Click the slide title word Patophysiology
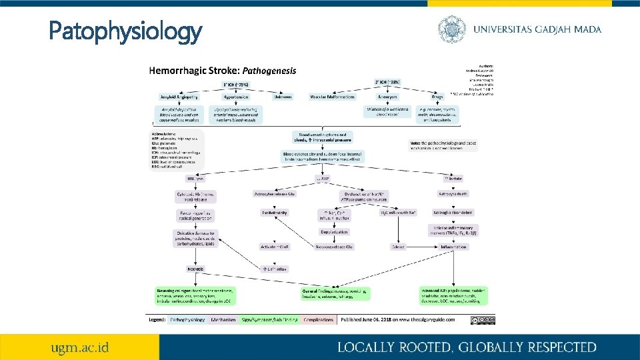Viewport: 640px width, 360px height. click(x=125, y=31)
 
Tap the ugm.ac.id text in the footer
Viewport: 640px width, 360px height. click(x=81, y=347)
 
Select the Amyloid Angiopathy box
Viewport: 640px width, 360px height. click(x=177, y=97)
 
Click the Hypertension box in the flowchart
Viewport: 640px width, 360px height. click(x=229, y=97)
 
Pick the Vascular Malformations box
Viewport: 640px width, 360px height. click(x=332, y=97)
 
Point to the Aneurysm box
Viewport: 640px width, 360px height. click(x=387, y=97)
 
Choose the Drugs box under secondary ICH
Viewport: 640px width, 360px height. click(x=437, y=97)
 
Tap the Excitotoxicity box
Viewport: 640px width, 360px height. click(x=274, y=213)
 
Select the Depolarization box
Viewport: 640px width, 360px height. click(x=334, y=232)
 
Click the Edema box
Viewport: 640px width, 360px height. click(x=399, y=247)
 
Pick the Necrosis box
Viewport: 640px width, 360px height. click(x=195, y=269)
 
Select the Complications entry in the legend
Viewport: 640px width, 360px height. click(x=319, y=320)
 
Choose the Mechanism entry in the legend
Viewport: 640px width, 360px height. click(x=223, y=320)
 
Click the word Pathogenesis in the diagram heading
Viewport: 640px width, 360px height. click(x=269, y=70)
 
